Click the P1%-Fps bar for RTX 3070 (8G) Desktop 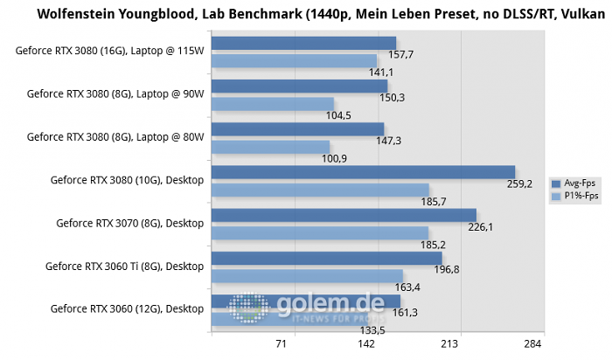coord(319,233)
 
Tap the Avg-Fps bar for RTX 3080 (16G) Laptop coord(303,44)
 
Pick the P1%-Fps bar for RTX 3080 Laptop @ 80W coord(270,147)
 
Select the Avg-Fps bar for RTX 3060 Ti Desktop coord(326,259)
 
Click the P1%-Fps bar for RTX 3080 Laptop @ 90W coord(272,104)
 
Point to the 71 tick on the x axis coord(281,345)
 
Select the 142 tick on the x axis coord(366,345)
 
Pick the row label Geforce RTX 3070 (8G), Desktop coord(129,223)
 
